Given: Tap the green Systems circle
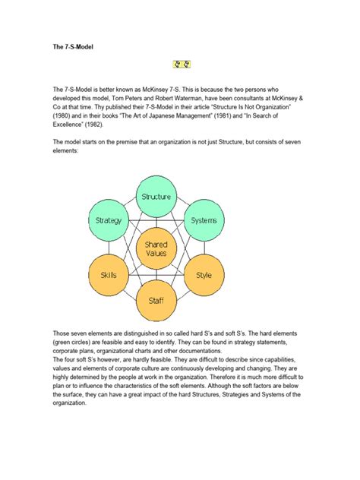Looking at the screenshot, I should (204, 220).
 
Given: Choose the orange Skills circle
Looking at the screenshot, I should (109, 275).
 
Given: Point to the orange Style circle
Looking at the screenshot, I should (204, 275).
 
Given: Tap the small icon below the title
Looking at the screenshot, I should (180, 66).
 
